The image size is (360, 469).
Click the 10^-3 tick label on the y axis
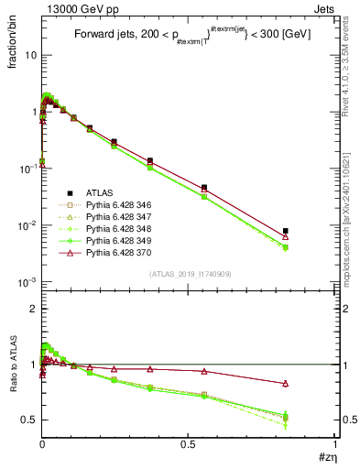pos(27,282)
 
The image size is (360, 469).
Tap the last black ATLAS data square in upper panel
pos(286,231)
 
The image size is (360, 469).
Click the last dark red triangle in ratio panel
pos(286,383)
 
